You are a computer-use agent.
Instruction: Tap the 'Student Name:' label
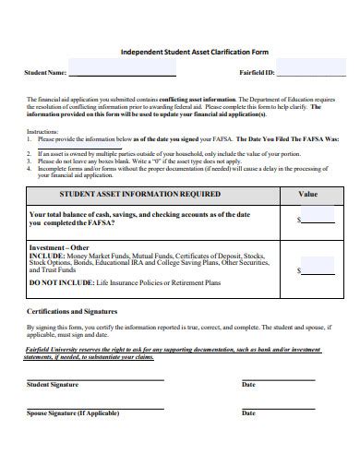click(x=44, y=72)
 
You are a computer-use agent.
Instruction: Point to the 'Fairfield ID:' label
click(x=257, y=72)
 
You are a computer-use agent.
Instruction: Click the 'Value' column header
click(x=307, y=195)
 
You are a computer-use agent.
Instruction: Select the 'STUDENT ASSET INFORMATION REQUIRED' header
click(x=139, y=195)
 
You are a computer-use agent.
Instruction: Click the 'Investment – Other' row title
click(x=59, y=247)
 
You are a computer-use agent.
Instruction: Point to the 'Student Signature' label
click(x=53, y=384)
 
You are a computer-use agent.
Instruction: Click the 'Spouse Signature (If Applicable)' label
click(x=74, y=413)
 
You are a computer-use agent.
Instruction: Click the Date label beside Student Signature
click(x=248, y=384)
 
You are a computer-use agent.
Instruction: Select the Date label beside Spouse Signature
click(x=248, y=413)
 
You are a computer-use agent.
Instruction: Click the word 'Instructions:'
click(x=42, y=131)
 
